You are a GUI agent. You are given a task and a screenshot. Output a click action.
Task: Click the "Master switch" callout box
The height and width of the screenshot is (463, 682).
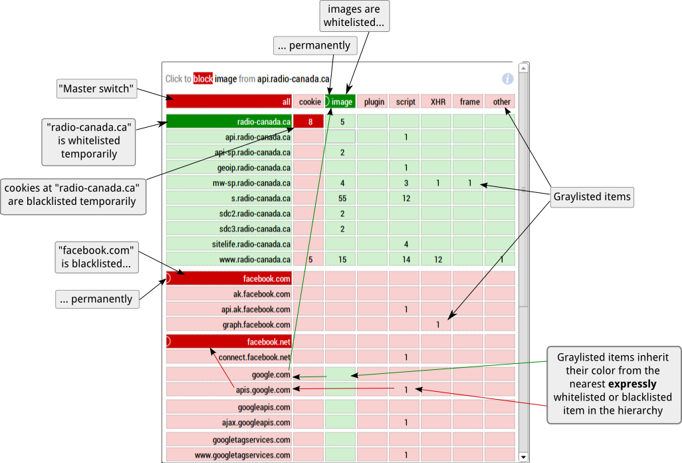pyautogui.click(x=97, y=88)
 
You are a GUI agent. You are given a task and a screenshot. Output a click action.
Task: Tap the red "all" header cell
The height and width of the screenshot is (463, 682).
pyautogui.click(x=229, y=102)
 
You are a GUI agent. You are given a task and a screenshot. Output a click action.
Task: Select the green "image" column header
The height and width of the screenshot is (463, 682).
pyautogui.click(x=340, y=102)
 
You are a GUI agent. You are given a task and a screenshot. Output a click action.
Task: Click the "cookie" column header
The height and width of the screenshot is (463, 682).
pyautogui.click(x=309, y=102)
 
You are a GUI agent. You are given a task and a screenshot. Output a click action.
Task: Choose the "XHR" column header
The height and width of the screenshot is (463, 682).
pyautogui.click(x=437, y=102)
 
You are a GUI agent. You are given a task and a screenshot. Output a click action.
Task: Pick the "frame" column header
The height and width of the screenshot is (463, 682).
pyautogui.click(x=469, y=102)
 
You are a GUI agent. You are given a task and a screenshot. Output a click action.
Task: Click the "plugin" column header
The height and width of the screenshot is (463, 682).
pyautogui.click(x=374, y=102)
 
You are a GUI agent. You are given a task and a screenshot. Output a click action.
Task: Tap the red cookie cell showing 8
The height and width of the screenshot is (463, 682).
pyautogui.click(x=310, y=122)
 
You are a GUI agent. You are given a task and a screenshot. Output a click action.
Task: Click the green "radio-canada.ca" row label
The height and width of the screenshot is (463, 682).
pyautogui.click(x=229, y=122)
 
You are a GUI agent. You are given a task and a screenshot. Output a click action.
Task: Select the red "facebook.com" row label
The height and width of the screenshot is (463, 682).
pyautogui.click(x=229, y=279)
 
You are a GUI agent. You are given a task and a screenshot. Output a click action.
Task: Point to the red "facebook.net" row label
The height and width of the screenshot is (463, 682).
pyautogui.click(x=229, y=342)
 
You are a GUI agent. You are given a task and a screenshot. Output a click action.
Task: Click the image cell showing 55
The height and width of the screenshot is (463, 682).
pyautogui.click(x=342, y=198)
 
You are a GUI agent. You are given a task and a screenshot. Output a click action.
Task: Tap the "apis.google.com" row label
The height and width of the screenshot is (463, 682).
pyautogui.click(x=263, y=390)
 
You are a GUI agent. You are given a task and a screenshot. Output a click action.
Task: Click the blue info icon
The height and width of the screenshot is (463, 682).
pyautogui.click(x=508, y=79)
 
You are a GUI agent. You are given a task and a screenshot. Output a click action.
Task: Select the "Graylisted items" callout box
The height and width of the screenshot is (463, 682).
pyautogui.click(x=592, y=197)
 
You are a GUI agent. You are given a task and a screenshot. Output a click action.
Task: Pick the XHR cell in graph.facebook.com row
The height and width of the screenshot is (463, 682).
pyautogui.click(x=437, y=325)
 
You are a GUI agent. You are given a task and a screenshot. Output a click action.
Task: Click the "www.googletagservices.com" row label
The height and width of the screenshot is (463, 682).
pyautogui.click(x=243, y=455)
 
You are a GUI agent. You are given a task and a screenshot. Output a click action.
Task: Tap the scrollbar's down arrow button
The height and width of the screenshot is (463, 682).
pyautogui.click(x=524, y=457)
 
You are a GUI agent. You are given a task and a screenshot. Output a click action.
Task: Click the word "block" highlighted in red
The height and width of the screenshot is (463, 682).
pyautogui.click(x=203, y=78)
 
